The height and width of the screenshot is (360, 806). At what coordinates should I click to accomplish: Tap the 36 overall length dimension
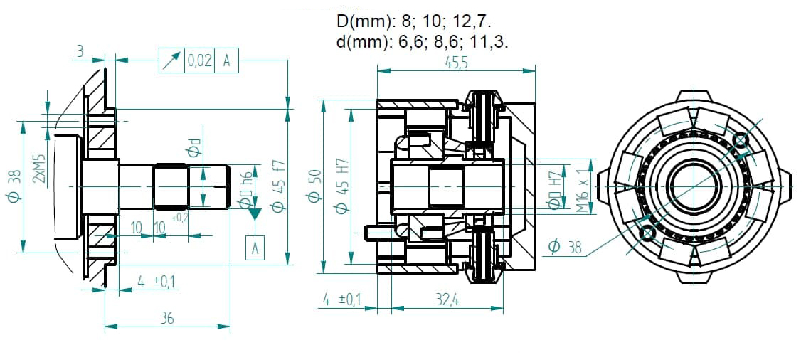coord(166,318)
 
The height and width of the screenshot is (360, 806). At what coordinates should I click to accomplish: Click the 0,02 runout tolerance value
coord(199,60)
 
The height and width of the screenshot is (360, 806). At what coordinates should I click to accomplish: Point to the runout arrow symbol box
coord(171,60)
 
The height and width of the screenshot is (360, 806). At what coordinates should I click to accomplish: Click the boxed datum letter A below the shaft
coord(255,248)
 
